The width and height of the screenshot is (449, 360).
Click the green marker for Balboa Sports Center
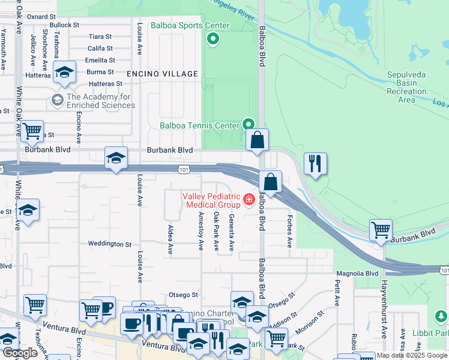(212, 40)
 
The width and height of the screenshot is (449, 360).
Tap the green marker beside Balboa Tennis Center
(249, 124)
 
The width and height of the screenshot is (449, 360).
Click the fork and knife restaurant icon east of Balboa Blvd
(315, 163)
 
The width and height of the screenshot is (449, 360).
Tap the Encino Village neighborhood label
(162, 74)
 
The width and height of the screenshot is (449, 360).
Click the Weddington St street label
(109, 244)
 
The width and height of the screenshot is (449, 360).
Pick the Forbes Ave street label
(289, 231)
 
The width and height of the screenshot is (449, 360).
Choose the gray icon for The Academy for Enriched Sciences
(58, 99)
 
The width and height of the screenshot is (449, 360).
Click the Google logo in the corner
(20, 353)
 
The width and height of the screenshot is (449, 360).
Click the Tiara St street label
(100, 37)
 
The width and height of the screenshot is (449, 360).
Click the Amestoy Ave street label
(200, 230)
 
